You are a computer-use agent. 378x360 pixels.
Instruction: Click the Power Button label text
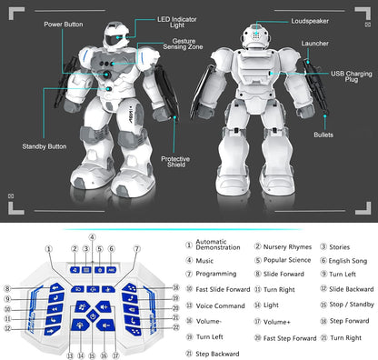click(64, 25)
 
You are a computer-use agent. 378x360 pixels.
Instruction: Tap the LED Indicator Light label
click(177, 22)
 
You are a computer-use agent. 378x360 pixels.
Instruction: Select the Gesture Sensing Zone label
click(183, 44)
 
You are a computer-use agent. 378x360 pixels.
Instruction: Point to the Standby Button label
click(45, 146)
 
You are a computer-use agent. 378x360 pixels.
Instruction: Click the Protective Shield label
click(175, 162)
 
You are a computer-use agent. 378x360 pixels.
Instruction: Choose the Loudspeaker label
click(310, 21)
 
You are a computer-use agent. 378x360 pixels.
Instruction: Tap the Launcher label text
click(314, 44)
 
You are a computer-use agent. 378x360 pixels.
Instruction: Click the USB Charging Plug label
click(352, 76)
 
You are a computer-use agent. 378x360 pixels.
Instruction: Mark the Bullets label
click(323, 135)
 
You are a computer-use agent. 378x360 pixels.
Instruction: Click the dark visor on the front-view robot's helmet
click(113, 40)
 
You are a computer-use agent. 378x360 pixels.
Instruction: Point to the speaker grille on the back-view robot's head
click(256, 35)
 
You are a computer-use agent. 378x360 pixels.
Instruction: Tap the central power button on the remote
click(93, 316)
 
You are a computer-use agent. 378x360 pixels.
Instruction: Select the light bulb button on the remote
click(80, 325)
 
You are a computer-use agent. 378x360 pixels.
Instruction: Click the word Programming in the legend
click(216, 274)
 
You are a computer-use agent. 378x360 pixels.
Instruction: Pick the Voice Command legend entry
click(220, 305)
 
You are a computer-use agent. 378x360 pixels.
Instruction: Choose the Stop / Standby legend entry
click(352, 305)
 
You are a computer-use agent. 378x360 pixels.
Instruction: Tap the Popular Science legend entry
click(287, 260)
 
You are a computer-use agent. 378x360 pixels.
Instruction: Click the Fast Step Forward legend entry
click(290, 338)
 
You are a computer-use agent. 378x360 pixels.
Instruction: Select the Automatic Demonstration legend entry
click(218, 245)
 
